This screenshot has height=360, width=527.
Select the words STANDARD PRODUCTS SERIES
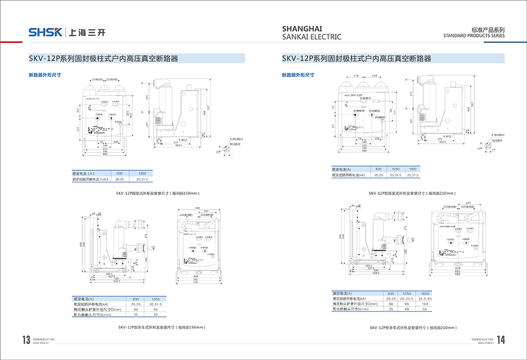click(x=474, y=36)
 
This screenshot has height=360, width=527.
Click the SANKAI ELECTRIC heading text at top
click(x=311, y=37)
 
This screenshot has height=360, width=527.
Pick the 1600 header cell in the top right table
click(x=413, y=169)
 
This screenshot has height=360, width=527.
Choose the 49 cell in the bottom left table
click(x=155, y=314)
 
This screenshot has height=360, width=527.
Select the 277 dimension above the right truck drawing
click(x=468, y=202)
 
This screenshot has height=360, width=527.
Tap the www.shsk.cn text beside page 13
click(x=41, y=343)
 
